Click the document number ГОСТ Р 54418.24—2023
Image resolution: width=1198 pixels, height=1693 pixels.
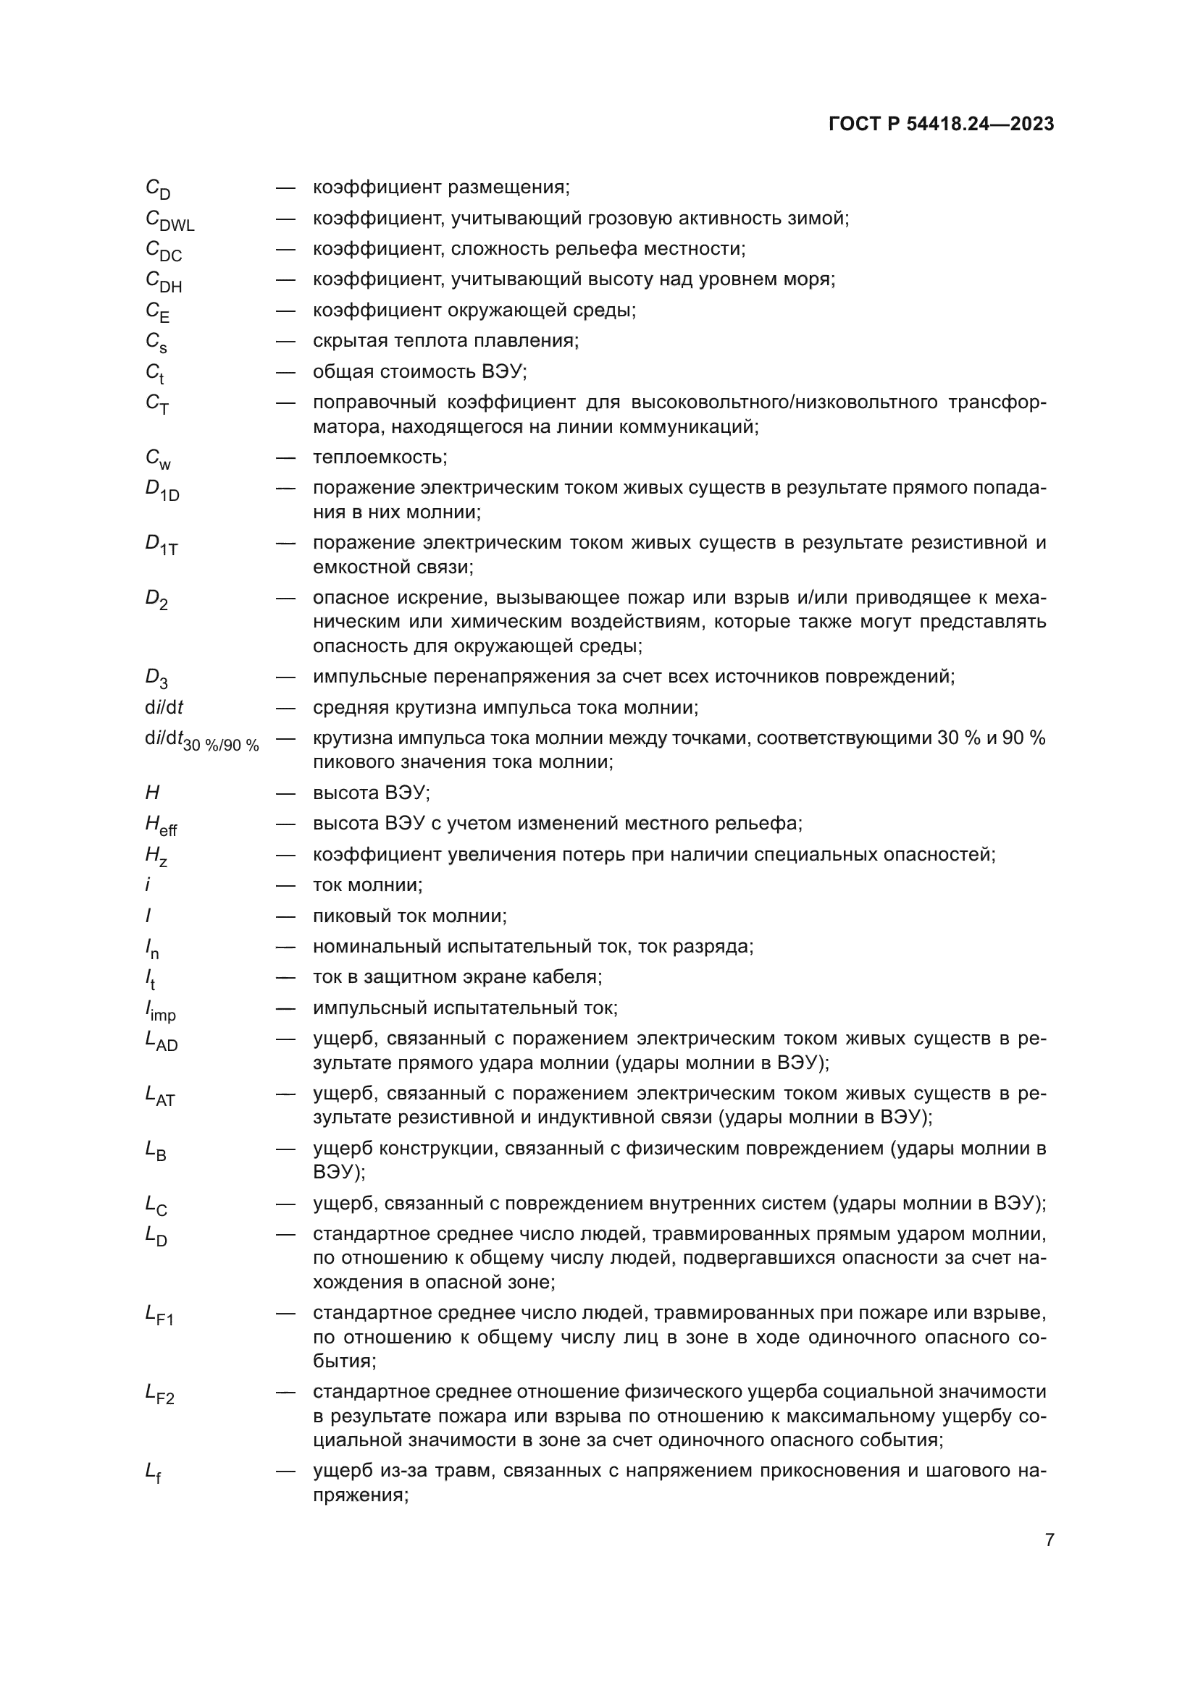coord(942,124)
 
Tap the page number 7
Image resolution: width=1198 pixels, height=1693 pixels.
coord(1049,1540)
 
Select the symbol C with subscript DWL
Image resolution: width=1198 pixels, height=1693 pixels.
coord(169,221)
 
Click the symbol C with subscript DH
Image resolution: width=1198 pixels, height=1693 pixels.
coord(164,282)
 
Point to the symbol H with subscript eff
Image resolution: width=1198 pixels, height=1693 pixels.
coord(161,826)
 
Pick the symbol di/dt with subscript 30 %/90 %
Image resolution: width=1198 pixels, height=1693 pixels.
coord(201,741)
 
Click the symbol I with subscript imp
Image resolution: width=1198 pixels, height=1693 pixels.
coord(160,1010)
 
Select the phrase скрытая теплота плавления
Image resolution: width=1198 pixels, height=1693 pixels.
coord(445,341)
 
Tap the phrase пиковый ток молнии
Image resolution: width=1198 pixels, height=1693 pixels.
coord(409,916)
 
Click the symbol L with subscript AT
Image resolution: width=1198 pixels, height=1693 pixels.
coord(160,1097)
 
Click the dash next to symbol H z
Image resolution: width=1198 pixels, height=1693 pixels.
coord(285,855)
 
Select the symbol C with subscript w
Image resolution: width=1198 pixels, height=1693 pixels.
coord(158,459)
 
